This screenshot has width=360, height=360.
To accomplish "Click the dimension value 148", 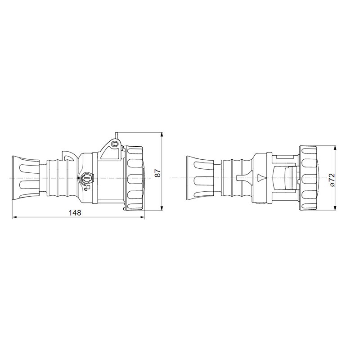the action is (75, 213).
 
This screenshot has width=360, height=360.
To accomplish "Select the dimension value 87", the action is (157, 173).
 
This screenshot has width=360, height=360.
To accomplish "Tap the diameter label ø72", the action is (332, 180).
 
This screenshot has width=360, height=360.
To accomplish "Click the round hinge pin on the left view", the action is (114, 144).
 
